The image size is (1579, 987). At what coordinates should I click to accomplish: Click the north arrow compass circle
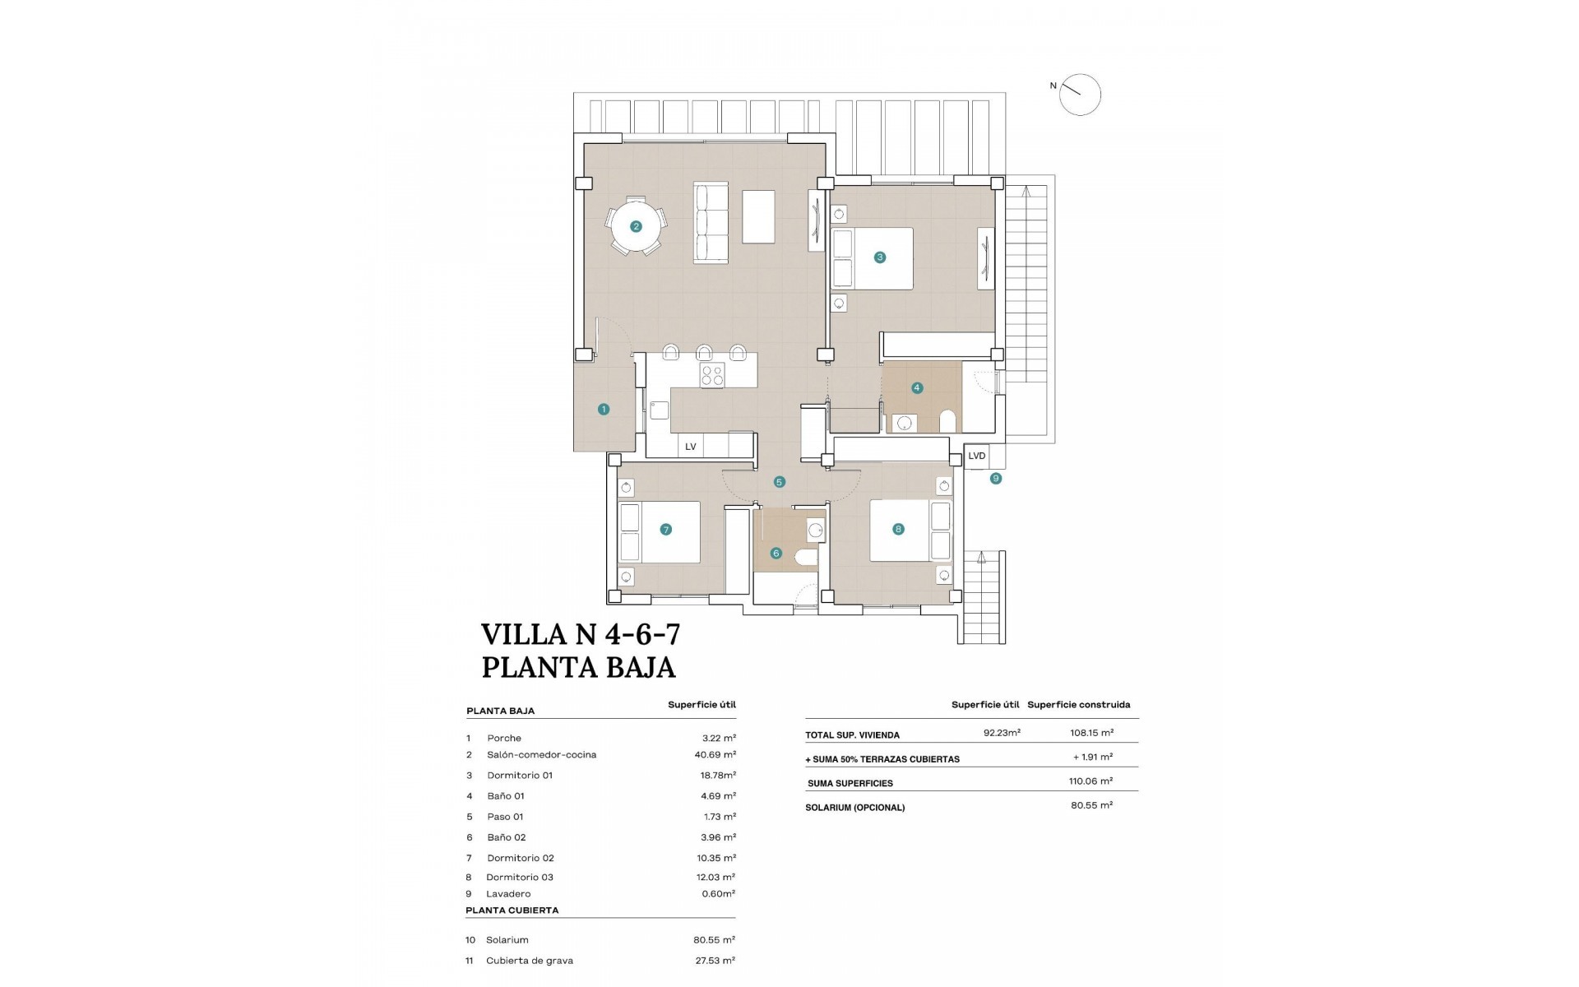1079,95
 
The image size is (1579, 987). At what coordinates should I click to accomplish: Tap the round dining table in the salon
636,226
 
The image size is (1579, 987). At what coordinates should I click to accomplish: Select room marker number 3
880,257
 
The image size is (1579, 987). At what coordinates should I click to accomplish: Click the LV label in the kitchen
691,447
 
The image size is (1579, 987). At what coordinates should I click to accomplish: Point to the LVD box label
976,456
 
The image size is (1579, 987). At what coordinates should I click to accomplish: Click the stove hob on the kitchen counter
712,376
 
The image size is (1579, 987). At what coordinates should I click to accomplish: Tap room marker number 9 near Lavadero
996,478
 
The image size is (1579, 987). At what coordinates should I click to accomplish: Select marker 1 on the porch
604,409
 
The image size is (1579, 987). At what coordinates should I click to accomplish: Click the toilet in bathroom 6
807,559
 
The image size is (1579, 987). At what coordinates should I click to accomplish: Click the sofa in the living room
712,224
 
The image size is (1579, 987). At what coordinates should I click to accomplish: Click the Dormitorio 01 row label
520,775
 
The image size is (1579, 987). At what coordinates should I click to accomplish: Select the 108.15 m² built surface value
1092,732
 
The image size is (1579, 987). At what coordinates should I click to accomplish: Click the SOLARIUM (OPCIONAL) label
854,808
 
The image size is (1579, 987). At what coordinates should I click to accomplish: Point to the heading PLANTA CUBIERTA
512,911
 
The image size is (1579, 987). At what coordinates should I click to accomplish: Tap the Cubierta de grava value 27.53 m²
714,960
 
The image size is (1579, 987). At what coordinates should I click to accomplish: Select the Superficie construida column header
1078,704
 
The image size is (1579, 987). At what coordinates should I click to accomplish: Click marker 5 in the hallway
780,482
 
